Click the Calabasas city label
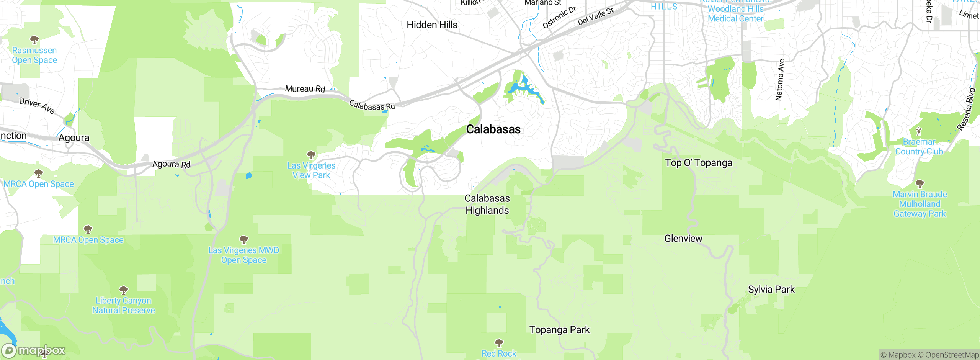(x=493, y=129)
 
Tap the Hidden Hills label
(x=432, y=25)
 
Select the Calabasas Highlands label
(x=487, y=204)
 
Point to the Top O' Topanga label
(x=698, y=163)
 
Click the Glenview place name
(x=683, y=239)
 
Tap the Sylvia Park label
(x=771, y=290)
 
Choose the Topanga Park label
(x=559, y=330)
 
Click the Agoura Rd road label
(x=171, y=164)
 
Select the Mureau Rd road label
(x=305, y=89)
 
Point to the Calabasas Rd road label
(x=372, y=105)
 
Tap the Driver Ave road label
(x=37, y=105)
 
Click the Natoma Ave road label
(x=780, y=80)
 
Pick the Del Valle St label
(x=595, y=16)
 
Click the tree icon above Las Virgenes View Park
(x=311, y=155)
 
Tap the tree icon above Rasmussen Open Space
(x=34, y=39)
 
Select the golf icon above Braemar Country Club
(x=919, y=132)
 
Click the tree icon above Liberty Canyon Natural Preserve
(x=123, y=290)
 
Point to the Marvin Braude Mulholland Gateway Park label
(x=920, y=204)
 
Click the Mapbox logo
(x=34, y=350)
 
